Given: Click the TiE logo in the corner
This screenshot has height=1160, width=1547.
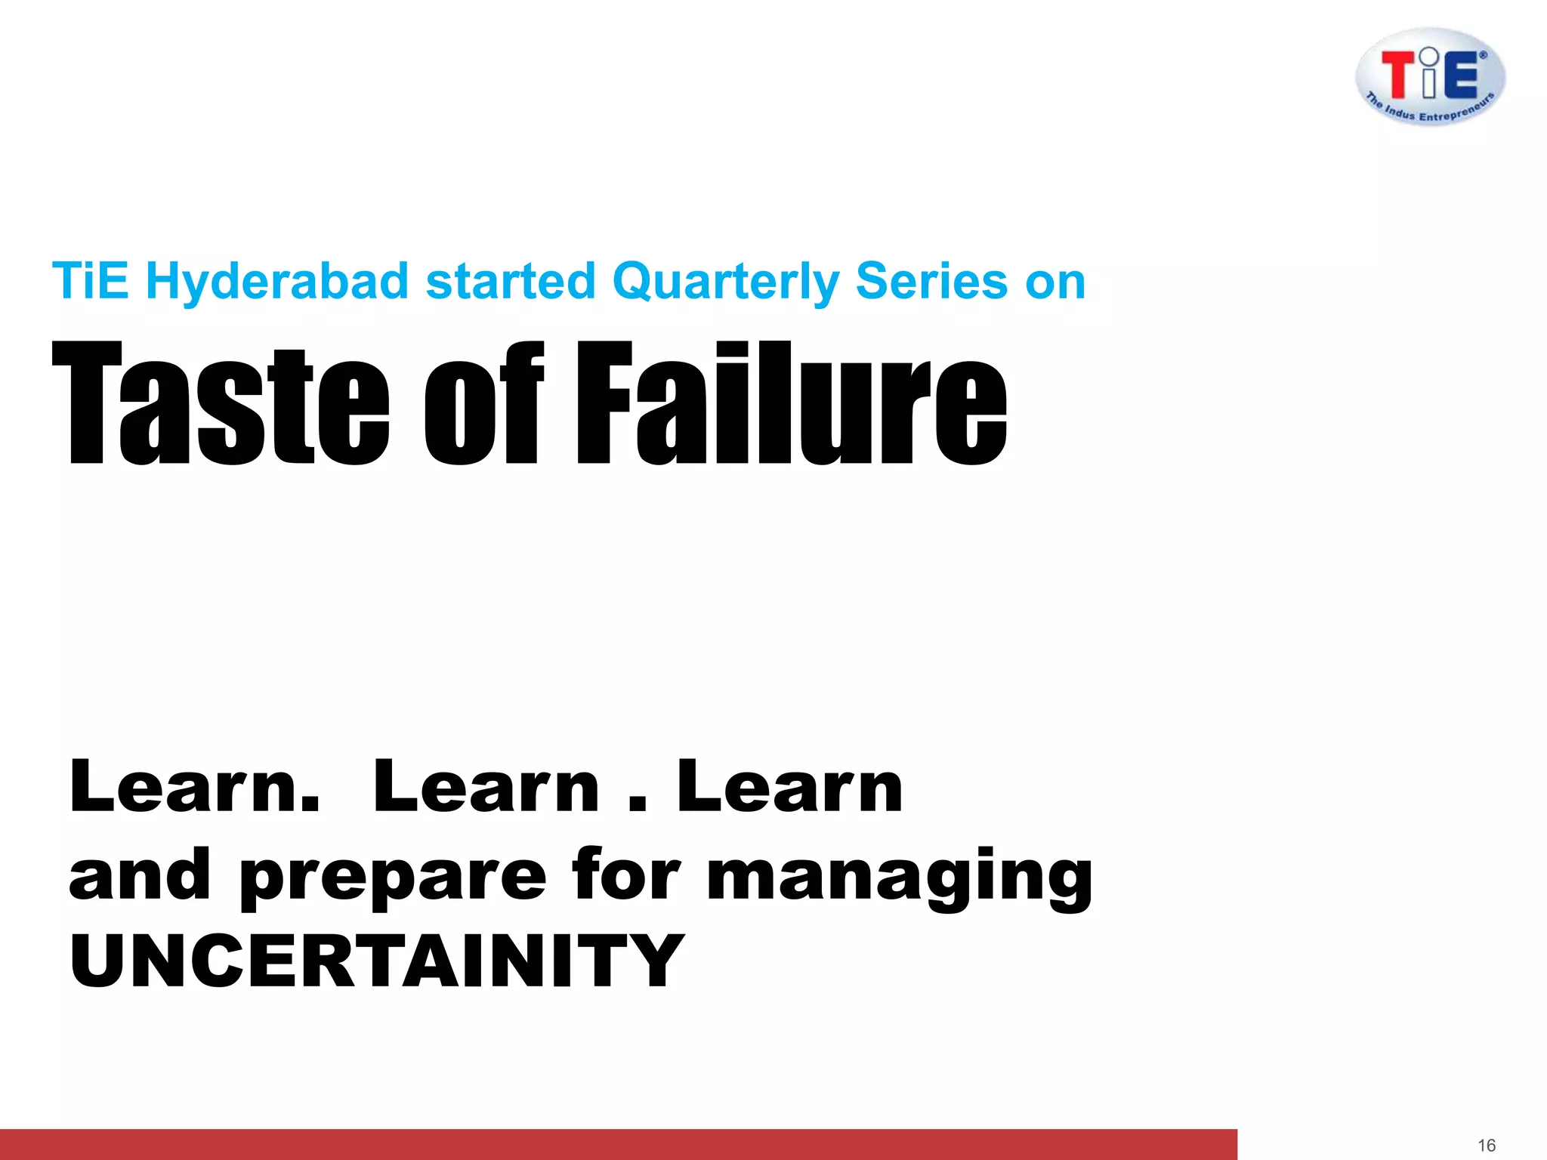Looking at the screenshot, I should click(x=1430, y=76).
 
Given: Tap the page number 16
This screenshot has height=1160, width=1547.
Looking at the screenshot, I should click(x=1487, y=1145).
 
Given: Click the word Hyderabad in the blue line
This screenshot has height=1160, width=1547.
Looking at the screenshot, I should click(x=276, y=282).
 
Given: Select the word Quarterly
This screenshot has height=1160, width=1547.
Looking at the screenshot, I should click(x=725, y=282).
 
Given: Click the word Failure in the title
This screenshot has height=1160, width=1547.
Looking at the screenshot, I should click(x=792, y=403).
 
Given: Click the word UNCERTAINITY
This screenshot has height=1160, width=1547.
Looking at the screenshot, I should click(x=376, y=960).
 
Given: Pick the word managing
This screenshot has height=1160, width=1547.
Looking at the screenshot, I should click(x=899, y=876).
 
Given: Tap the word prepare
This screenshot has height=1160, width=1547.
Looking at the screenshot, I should click(x=393, y=876).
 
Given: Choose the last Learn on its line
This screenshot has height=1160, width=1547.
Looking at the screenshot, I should click(x=789, y=787).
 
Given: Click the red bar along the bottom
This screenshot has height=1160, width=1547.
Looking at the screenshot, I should click(x=618, y=1144).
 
